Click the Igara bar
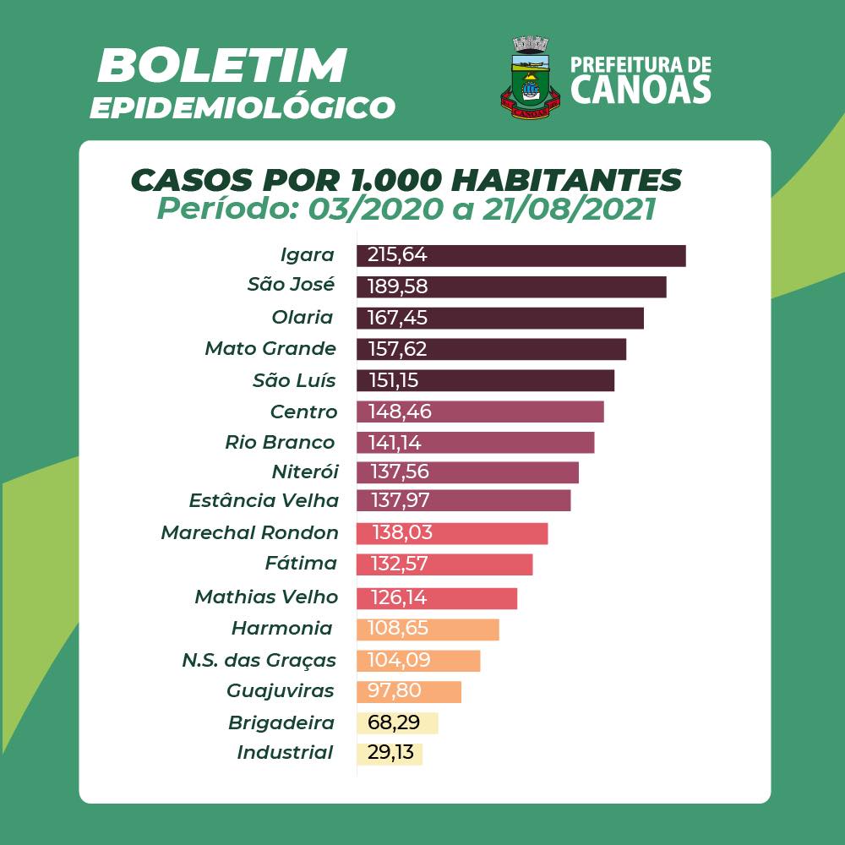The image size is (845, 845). pos(521,255)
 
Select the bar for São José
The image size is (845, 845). pos(511,286)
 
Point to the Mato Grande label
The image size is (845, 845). pos(270,348)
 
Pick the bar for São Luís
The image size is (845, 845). pos(485,380)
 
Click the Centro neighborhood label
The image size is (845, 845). pos(303,412)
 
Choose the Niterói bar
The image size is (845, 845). pos(467,472)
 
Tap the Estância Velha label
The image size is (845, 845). pos(264,500)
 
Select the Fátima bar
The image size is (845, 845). pos(444,564)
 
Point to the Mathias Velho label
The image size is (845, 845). pos(266,597)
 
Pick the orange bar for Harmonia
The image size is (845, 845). pos(428,630)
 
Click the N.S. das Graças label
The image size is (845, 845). pos(259,660)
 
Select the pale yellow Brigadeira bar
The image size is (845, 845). pos(397,723)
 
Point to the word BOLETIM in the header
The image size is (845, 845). pos(221,66)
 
